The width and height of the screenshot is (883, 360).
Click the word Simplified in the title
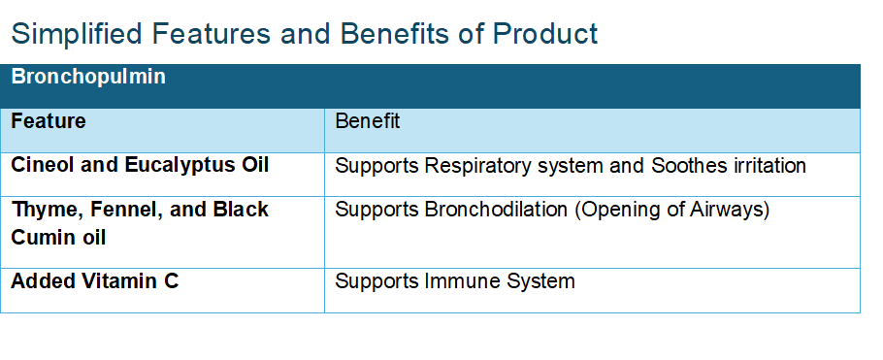tap(75, 34)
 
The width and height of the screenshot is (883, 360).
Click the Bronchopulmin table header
tap(88, 77)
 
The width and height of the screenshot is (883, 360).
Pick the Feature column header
tap(49, 121)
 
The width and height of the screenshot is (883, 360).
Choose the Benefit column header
tap(368, 121)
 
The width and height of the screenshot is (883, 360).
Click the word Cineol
tap(43, 165)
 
